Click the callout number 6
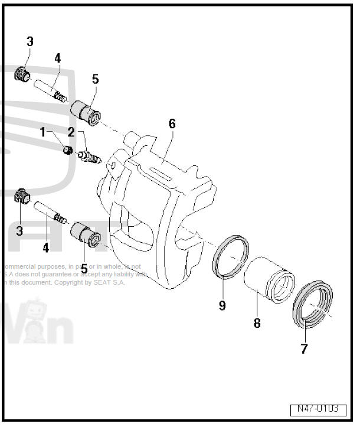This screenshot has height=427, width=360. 172,124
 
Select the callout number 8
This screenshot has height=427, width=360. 257,323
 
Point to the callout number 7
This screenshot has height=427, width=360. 304,349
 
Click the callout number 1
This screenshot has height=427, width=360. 42,132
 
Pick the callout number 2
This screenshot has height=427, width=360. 71,132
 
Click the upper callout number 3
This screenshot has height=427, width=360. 30,42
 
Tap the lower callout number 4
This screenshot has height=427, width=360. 45,248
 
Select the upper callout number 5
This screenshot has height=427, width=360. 95,79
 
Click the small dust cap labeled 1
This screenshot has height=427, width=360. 68,150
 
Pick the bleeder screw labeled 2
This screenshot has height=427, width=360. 90,157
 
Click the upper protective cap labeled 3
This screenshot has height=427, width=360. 22,74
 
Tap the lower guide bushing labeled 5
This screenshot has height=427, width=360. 86,234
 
